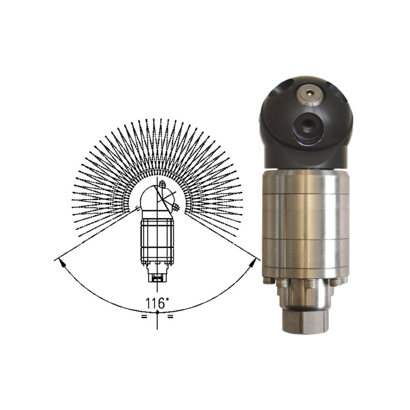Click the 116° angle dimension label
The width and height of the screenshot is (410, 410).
pyautogui.click(x=157, y=303)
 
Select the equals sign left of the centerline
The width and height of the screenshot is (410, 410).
pyautogui.click(x=143, y=317)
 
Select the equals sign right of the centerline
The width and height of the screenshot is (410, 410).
pyautogui.click(x=170, y=317)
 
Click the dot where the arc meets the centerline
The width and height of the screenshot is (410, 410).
pyautogui.click(x=157, y=312)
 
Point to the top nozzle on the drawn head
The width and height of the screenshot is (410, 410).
pyautogui.click(x=162, y=183)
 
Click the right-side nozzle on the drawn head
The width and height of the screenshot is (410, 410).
pyautogui.click(x=175, y=208)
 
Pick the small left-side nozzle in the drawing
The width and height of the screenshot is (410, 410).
pyautogui.click(x=137, y=208)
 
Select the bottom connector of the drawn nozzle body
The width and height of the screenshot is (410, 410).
pyautogui.click(x=157, y=277)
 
